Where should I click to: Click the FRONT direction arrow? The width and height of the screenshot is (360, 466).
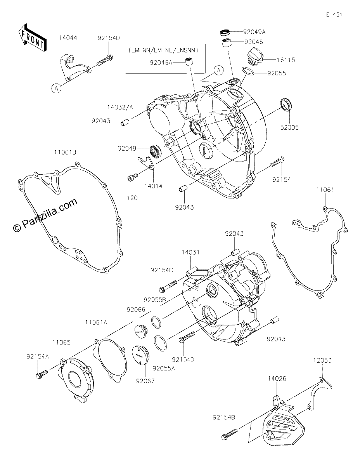point(32,38)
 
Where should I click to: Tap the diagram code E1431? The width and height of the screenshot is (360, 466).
point(334,15)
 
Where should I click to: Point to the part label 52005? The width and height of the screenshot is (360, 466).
point(289,128)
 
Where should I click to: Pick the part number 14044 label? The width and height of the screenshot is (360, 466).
point(68,38)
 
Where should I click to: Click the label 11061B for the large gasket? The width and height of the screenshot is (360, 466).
point(65,152)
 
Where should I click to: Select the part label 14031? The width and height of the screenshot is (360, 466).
point(190,252)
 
